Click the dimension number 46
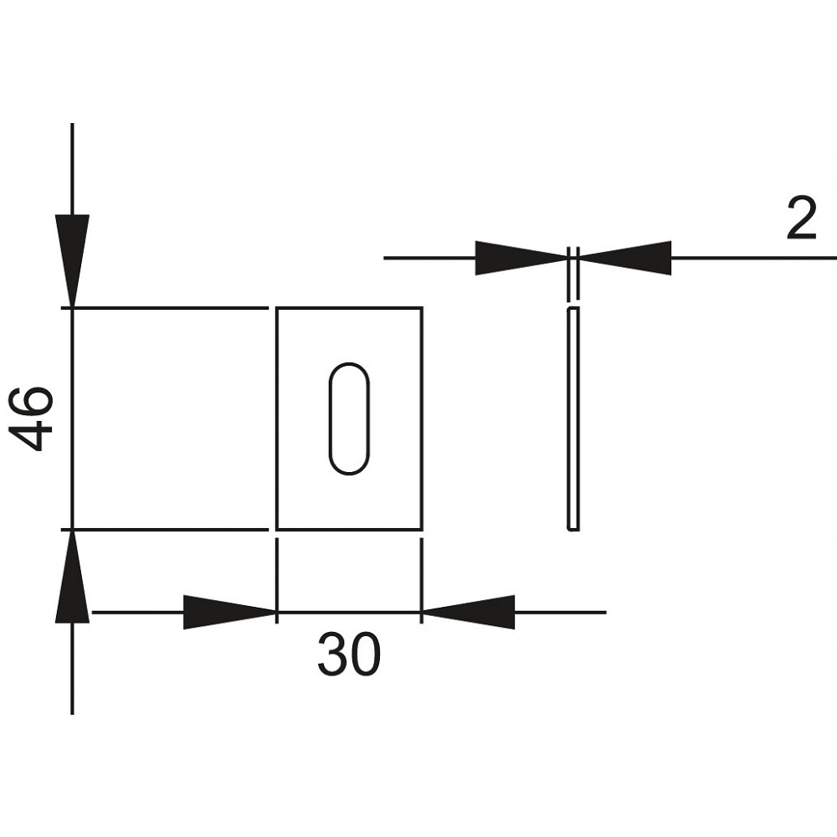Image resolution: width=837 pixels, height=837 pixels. point(33,419)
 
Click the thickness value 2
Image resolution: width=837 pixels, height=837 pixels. point(802,218)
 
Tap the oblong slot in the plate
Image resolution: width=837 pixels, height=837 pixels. point(348,419)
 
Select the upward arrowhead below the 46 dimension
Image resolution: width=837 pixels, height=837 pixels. point(72,577)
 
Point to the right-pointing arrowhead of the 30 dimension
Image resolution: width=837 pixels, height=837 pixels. point(229,613)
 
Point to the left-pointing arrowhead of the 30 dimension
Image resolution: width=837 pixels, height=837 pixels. point(468,613)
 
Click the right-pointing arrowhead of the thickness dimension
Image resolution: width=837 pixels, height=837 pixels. point(521,259)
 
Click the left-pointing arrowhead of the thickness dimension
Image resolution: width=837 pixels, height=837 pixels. point(624,259)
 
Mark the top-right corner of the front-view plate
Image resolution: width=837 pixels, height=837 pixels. point(422,308)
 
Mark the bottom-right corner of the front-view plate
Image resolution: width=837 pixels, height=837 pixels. point(422,530)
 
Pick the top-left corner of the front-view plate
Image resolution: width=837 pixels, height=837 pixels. point(276,308)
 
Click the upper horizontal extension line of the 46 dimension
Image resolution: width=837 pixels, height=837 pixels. point(165,308)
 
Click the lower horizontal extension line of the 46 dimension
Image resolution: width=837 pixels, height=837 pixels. point(165,530)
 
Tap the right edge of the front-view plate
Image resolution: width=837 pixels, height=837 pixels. point(422,419)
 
